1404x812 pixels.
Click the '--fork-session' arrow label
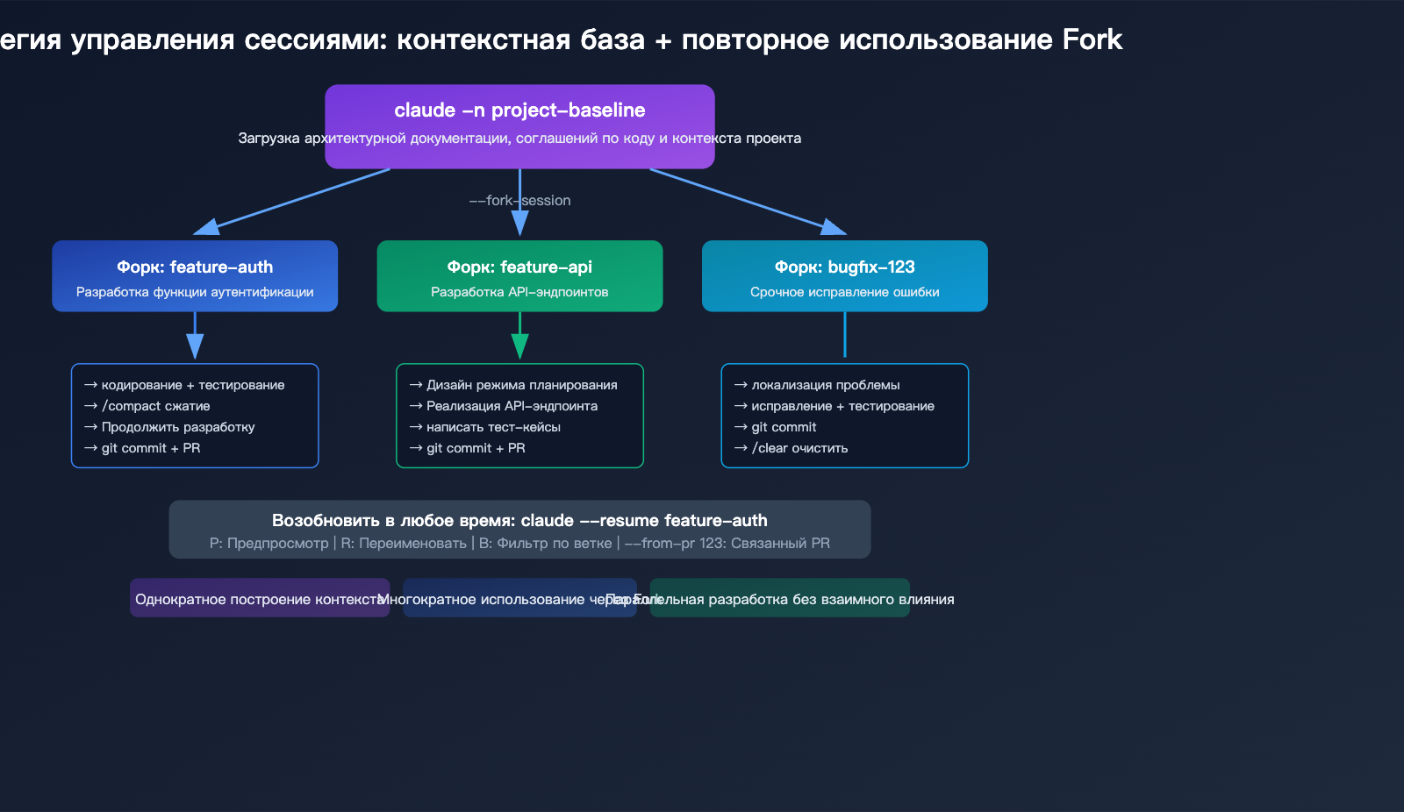pyautogui.click(x=519, y=201)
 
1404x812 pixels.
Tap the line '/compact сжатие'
pyautogui.click(x=156, y=406)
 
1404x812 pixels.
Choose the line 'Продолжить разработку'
pyautogui.click(x=178, y=427)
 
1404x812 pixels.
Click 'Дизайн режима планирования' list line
pyautogui.click(x=521, y=385)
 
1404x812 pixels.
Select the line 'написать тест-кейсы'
pyautogui.click(x=493, y=427)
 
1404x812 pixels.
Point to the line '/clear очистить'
pyautogui.click(x=799, y=448)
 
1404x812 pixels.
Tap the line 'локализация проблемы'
pyautogui.click(x=825, y=385)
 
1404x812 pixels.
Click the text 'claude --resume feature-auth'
pyautogui.click(x=644, y=521)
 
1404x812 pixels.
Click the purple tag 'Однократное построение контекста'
pyautogui.click(x=260, y=599)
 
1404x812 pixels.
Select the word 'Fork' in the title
pyautogui.click(x=1092, y=39)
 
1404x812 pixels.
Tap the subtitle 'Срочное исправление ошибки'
pyautogui.click(x=844, y=292)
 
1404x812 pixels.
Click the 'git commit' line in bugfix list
pyautogui.click(x=784, y=427)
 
